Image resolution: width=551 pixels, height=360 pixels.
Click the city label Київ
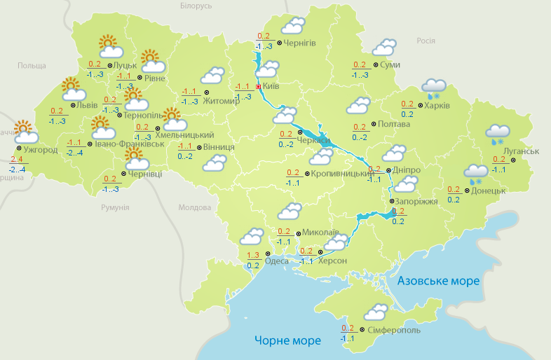[271, 86]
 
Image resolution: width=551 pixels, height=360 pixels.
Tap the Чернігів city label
[300, 43]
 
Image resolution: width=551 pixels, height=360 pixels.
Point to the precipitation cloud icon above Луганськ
[498, 133]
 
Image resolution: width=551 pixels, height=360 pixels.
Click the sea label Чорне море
[287, 340]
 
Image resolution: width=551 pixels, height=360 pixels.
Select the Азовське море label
[438, 281]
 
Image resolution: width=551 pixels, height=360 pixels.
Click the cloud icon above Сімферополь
[376, 312]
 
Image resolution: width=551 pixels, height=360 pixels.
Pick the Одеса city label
[277, 261]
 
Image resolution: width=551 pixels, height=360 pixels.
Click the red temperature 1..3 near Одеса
[253, 255]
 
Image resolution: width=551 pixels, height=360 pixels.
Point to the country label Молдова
[194, 208]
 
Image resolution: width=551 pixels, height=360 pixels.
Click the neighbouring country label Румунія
[115, 208]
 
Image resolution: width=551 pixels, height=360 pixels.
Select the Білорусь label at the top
[196, 6]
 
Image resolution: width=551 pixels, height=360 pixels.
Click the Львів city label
[87, 106]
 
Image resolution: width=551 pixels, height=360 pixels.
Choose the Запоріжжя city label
[414, 201]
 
